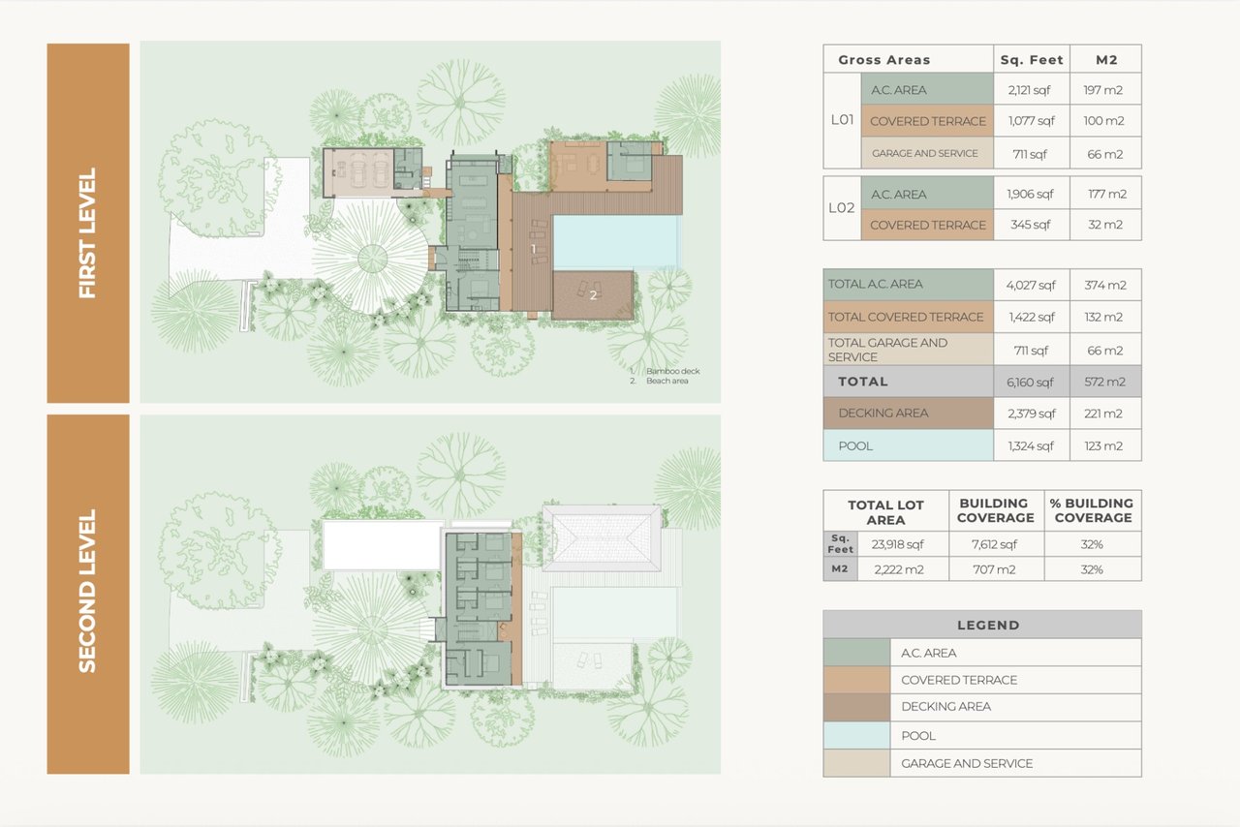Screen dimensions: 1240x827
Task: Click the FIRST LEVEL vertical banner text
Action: pos(87,232)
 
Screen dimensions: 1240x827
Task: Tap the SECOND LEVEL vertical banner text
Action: pos(87,591)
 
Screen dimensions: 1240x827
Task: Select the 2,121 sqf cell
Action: pos(1029,90)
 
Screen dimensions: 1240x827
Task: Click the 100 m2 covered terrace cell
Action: pos(1103,121)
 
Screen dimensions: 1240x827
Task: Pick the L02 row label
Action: pos(842,207)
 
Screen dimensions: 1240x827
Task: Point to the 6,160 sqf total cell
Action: pos(1030,382)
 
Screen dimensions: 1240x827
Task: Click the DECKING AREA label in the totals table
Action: pos(883,413)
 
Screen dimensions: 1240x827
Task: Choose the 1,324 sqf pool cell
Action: pos(1031,445)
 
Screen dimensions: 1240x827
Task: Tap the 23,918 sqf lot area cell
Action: pos(897,544)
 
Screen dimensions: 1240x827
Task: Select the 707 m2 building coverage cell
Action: pos(994,569)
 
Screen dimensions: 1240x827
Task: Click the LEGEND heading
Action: pos(988,625)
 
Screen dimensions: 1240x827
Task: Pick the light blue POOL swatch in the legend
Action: pos(856,735)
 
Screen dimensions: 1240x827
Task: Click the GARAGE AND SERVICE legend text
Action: pos(967,763)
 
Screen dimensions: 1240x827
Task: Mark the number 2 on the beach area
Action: pos(594,295)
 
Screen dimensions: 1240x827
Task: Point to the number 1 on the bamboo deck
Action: pos(533,249)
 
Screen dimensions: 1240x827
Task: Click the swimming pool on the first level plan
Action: pos(615,242)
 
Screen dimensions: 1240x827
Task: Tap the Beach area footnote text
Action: pos(667,381)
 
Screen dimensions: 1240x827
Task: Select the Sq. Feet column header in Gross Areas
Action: pos(1032,60)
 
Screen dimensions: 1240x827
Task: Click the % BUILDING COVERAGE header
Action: pos(1092,510)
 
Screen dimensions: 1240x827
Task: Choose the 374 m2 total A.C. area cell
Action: pos(1105,285)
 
